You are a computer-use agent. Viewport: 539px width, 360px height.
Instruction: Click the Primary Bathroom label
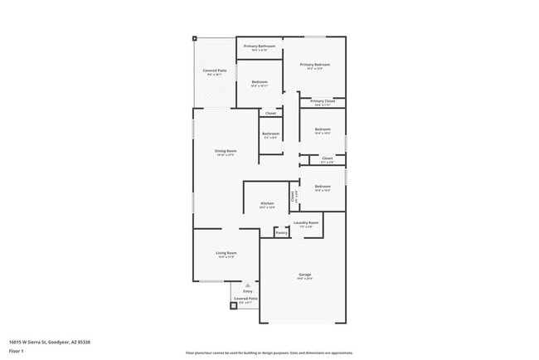tap(260, 46)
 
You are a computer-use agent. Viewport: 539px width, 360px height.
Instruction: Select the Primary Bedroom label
tap(315, 64)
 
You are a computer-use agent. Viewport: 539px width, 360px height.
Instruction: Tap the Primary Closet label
tap(323, 101)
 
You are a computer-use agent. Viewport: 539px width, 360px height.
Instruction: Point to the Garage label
tap(305, 274)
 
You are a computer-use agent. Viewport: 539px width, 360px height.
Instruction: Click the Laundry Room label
tap(306, 222)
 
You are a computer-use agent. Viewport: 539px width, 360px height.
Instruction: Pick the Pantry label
tap(281, 233)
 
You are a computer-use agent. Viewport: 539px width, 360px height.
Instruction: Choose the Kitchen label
tap(267, 203)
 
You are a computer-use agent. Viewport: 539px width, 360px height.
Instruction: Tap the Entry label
tap(247, 291)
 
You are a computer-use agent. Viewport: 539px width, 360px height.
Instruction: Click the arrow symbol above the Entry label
tap(247, 285)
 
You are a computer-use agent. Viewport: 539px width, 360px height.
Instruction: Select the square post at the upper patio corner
tap(195, 37)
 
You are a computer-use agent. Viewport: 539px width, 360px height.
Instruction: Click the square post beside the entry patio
tap(233, 305)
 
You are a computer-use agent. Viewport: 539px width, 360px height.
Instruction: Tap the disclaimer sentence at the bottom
tap(269, 352)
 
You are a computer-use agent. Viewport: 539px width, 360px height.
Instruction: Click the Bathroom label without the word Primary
tap(270, 134)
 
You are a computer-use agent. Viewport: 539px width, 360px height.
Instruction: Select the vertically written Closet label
tap(293, 196)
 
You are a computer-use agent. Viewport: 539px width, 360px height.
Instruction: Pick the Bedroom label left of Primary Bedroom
tap(260, 81)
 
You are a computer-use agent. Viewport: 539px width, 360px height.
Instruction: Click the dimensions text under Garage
tap(305, 278)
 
